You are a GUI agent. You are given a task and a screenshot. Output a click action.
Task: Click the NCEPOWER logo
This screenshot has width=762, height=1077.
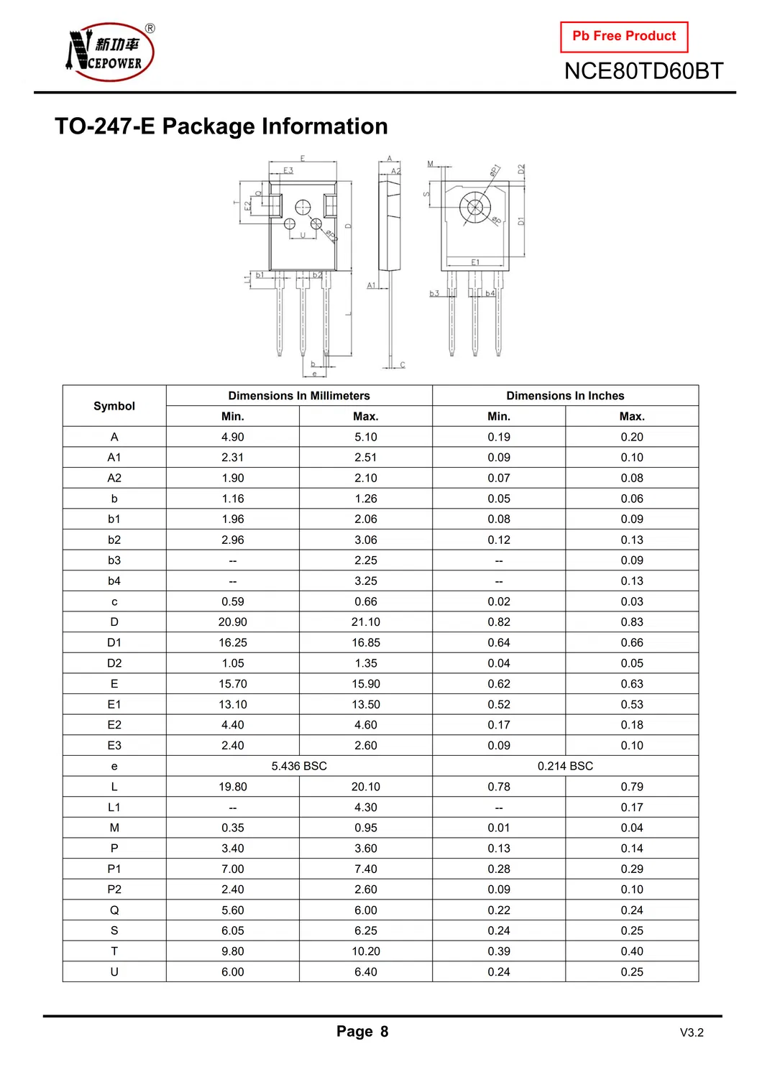110,52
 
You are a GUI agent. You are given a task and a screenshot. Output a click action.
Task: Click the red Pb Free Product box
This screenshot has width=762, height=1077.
624,37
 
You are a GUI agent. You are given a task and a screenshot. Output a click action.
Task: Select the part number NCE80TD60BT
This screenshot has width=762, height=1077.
643,71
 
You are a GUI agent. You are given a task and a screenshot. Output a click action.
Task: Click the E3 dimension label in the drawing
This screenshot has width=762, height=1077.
288,171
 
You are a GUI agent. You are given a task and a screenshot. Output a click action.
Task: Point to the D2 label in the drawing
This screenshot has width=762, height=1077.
521,170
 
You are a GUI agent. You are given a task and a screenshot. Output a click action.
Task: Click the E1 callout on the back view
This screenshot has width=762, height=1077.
475,262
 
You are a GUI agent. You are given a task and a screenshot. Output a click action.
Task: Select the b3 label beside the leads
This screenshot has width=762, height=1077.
434,293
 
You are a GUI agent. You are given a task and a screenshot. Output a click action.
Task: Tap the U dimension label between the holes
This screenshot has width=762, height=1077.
303,235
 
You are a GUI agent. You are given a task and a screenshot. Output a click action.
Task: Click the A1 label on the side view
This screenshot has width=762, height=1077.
371,285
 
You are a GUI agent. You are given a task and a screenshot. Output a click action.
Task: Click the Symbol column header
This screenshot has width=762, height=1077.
114,406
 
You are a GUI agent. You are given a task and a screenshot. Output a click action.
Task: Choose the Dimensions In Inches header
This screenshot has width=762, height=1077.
565,396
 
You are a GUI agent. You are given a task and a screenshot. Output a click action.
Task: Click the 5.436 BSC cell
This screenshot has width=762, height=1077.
299,766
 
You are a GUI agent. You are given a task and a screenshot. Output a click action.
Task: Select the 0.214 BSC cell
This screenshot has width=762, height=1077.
565,766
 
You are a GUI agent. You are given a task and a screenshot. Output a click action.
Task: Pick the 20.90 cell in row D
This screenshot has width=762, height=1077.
233,622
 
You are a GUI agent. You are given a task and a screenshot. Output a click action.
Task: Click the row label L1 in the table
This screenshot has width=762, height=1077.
114,808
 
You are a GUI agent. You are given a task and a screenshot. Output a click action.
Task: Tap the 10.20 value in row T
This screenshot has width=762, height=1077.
366,951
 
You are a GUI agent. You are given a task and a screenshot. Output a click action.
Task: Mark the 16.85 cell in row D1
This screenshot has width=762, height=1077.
366,643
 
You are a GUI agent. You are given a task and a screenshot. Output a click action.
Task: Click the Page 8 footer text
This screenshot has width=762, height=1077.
362,1032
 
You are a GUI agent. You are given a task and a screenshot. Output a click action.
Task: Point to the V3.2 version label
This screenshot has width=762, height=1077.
692,1033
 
